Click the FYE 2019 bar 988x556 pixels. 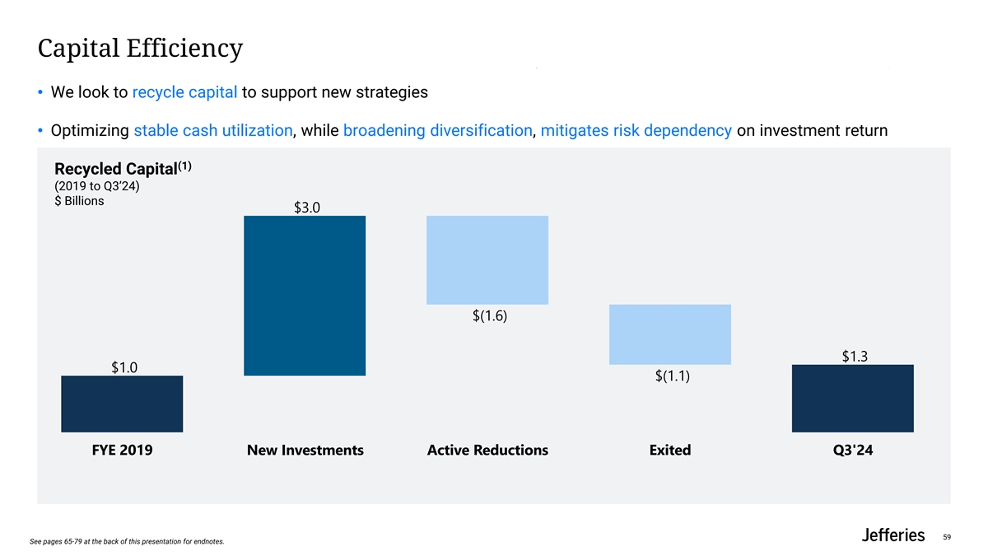pos(122,404)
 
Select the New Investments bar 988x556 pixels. pos(305,296)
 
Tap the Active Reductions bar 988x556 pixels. pos(487,260)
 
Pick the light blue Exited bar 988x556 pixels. pos(670,334)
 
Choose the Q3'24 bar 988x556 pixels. pos(852,398)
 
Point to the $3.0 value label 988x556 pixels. pos(306,208)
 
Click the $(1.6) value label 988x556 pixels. pos(487,315)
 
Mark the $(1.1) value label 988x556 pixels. pos(672,376)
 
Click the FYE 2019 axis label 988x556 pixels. pos(122,451)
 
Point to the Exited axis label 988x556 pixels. pos(669,451)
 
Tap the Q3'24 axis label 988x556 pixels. pos(852,451)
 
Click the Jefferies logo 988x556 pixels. pos(892,535)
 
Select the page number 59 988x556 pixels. pos(947,538)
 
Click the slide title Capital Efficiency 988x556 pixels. pos(140,48)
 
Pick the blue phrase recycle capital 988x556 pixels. pos(184,92)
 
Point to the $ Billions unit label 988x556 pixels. pos(79,202)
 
